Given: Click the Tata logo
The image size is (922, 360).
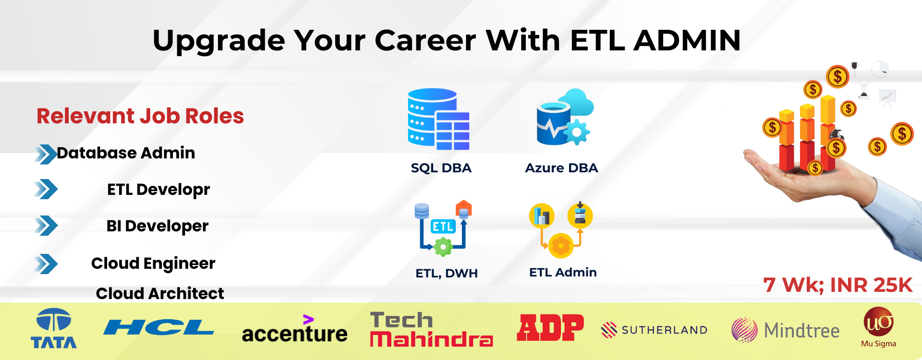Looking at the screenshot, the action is point(54,328).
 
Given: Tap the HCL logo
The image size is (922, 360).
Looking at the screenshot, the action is point(158,327).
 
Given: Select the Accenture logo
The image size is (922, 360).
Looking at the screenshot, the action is point(294,329).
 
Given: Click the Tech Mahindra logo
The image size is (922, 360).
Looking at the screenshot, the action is point(431,329).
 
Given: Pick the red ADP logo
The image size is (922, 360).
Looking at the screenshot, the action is point(550,328).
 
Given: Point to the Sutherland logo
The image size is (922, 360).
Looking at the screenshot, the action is point(654,330).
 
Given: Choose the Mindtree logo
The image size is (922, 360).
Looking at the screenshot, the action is point(786,330).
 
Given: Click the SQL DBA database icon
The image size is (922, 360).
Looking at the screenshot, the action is point(438,120).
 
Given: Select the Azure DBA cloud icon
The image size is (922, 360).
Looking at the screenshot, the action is point(565,117).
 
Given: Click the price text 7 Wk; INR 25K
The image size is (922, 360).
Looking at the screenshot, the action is point(837,285).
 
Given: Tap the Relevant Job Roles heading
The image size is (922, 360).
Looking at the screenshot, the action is point(140,116).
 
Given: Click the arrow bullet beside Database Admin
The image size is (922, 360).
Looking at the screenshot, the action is point(46,154).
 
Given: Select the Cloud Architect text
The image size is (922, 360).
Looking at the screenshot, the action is point(160,293).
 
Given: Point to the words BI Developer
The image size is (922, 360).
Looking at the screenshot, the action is point(158,226).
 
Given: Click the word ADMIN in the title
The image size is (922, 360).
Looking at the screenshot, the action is point(687,40).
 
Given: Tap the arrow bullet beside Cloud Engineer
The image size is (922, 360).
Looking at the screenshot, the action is point(46,264).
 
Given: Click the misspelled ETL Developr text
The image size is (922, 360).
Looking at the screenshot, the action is point(158,190).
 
